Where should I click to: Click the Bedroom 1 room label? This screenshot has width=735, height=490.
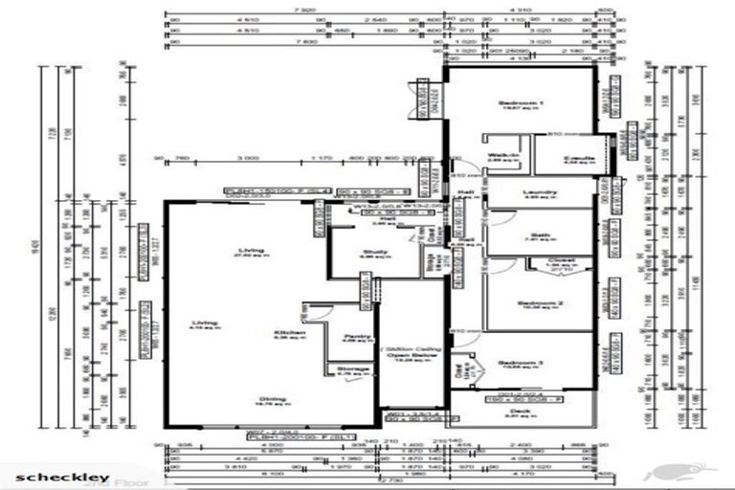point(522,102)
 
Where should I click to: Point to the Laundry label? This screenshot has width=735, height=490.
point(540,191)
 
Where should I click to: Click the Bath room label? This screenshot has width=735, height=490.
point(537,235)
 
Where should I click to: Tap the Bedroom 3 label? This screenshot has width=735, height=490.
point(520,363)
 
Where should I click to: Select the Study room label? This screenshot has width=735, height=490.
point(373,253)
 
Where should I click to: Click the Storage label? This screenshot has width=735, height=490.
point(347,367)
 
